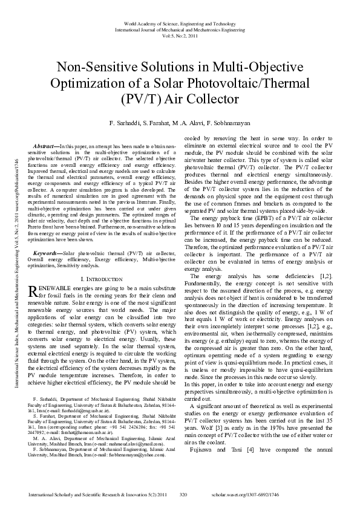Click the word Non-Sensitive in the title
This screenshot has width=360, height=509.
pos(97,66)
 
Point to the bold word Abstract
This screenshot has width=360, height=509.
pos(44,147)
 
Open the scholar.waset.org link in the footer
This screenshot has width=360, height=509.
pos(270,494)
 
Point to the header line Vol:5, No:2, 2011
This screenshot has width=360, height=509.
pos(180,35)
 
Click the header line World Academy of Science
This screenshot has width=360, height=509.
pos(180,22)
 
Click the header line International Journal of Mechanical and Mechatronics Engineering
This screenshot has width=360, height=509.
pos(180,28)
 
